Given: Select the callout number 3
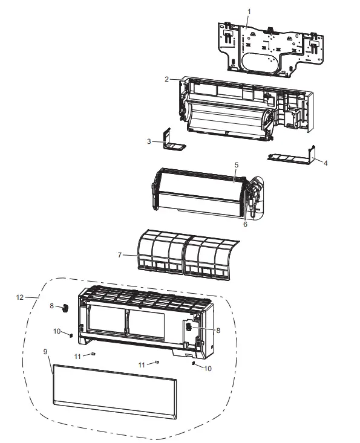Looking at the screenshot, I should coord(149,142).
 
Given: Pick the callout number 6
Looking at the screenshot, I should coord(245,224).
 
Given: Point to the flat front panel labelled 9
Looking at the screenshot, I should coord(115,390).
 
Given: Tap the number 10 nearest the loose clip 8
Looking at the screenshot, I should coord(57,331).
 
